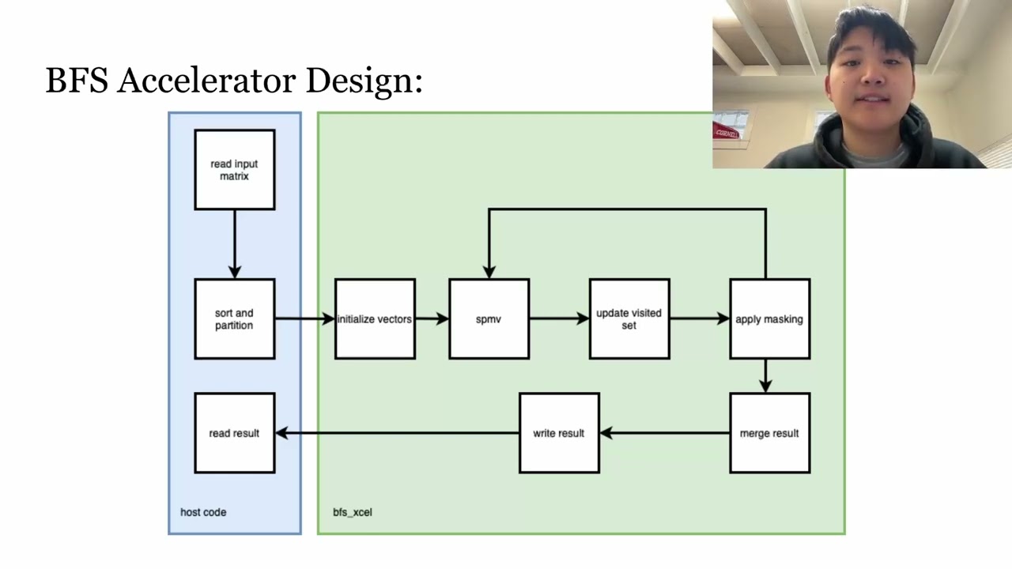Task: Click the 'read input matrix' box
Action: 235,170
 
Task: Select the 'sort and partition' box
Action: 235,319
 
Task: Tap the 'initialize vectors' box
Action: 375,319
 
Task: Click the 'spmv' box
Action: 489,319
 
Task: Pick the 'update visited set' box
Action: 629,319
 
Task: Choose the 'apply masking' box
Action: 769,319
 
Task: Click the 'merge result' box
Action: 769,433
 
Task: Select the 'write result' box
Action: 559,433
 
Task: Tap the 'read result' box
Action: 235,433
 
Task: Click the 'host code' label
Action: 203,512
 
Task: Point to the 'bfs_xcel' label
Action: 353,512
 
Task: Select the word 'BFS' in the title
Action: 77,81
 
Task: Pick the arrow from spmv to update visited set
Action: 559,319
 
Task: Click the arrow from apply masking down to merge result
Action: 765,375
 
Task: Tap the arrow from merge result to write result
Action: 664,433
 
